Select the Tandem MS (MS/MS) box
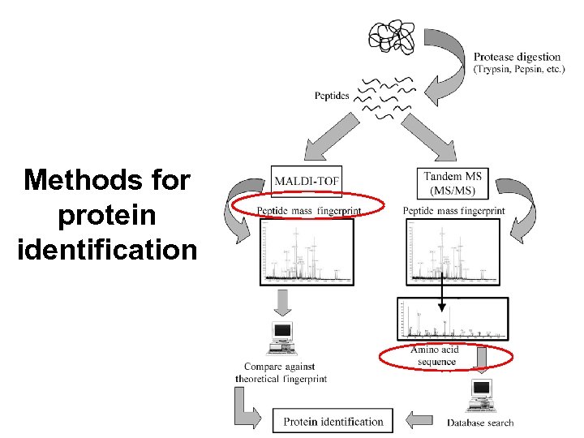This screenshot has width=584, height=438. tap(454, 182)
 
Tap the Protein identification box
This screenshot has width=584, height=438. tap(333, 421)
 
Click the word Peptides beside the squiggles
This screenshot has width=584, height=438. tap(332, 96)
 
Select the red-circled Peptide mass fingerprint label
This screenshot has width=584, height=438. tap(307, 211)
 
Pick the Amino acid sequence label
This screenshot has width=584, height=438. tap(435, 355)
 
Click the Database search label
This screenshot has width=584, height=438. tap(480, 422)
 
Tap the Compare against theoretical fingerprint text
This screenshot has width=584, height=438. tap(281, 373)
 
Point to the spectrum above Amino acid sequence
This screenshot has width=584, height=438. tap(453, 318)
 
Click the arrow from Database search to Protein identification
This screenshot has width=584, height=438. tap(419, 420)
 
